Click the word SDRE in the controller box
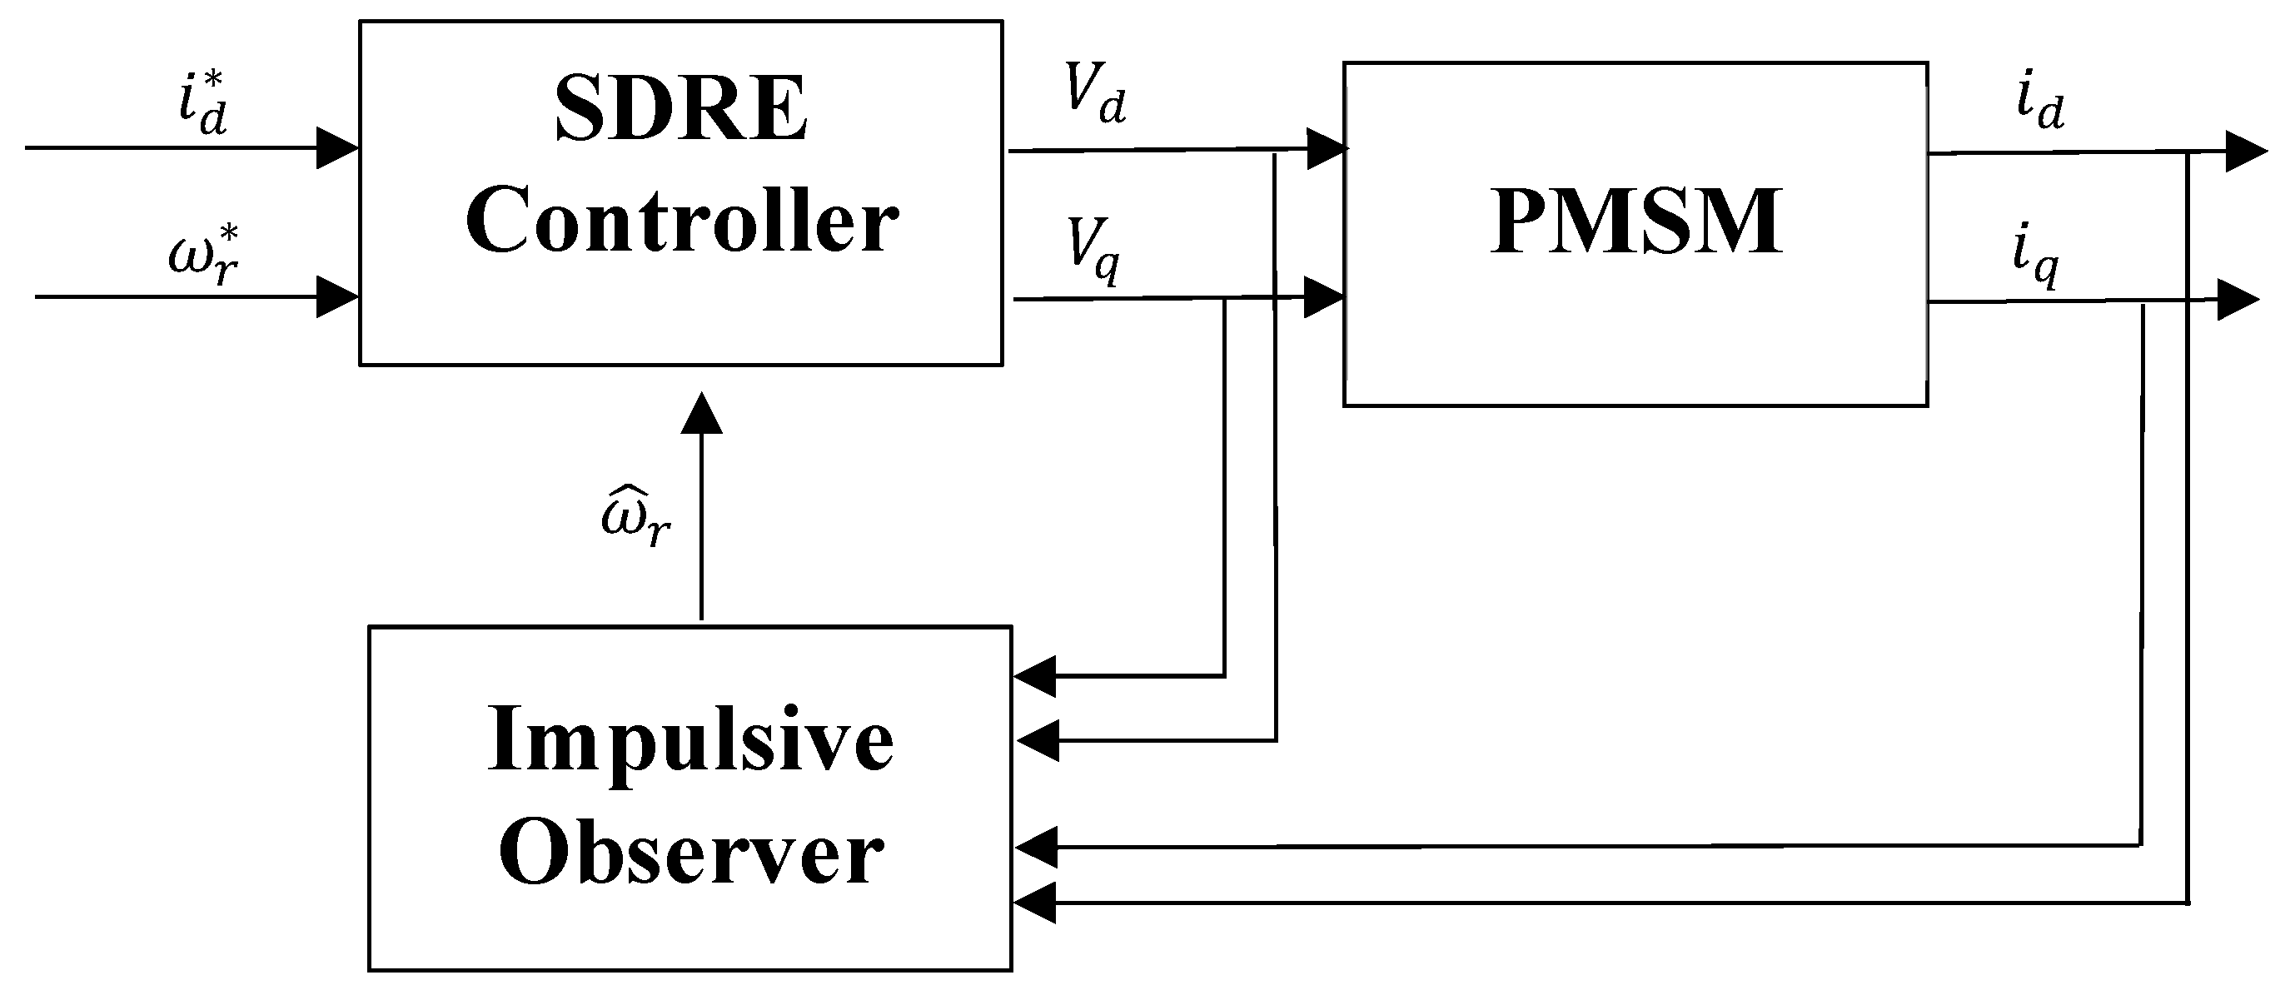681,109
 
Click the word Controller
681,220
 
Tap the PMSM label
1635,221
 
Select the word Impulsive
689,743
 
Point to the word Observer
689,853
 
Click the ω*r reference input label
205,256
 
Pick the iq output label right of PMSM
2036,261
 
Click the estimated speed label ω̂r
635,518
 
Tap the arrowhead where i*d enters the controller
338,147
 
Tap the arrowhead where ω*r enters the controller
338,297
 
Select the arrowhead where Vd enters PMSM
1327,148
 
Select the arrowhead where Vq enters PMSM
1323,297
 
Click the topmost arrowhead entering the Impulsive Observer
1035,677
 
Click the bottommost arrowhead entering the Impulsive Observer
1035,903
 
